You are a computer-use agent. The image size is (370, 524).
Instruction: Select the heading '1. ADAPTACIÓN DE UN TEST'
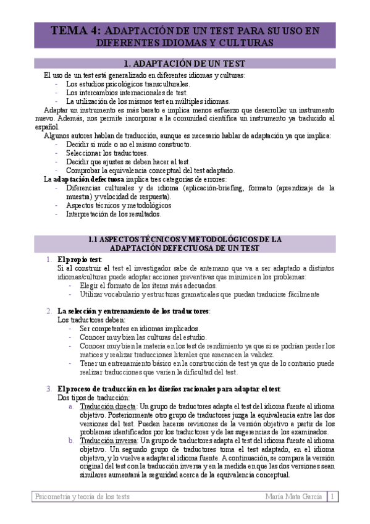click(x=185, y=64)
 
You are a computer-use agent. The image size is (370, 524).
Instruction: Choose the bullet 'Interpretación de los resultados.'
click(x=113, y=214)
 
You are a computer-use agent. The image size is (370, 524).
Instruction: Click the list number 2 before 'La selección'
click(x=49, y=311)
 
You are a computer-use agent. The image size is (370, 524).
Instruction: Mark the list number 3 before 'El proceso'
click(x=49, y=389)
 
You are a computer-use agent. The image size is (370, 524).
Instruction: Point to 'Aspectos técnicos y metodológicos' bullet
click(x=119, y=205)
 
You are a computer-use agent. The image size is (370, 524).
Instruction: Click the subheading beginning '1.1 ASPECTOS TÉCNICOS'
click(x=185, y=243)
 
